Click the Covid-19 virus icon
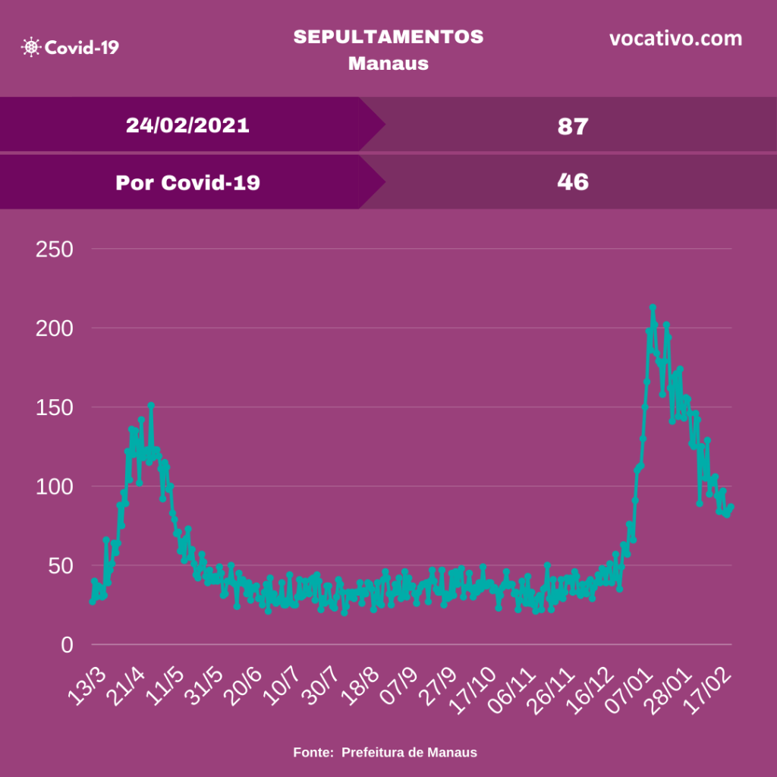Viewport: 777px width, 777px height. (x=31, y=47)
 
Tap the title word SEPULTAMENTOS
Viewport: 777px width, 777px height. (x=388, y=37)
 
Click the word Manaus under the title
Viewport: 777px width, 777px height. (x=388, y=63)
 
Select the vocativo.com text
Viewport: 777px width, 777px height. (x=675, y=39)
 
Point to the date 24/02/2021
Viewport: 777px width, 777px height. (x=187, y=125)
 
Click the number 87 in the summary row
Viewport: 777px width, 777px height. (x=573, y=126)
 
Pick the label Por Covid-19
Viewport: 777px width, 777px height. (x=187, y=182)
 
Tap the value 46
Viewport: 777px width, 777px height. (x=573, y=182)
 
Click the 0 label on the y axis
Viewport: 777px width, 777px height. (x=67, y=645)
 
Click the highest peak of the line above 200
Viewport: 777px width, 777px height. (x=653, y=308)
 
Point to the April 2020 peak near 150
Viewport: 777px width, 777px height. (x=151, y=406)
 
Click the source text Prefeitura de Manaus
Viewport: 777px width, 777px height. (x=409, y=753)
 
